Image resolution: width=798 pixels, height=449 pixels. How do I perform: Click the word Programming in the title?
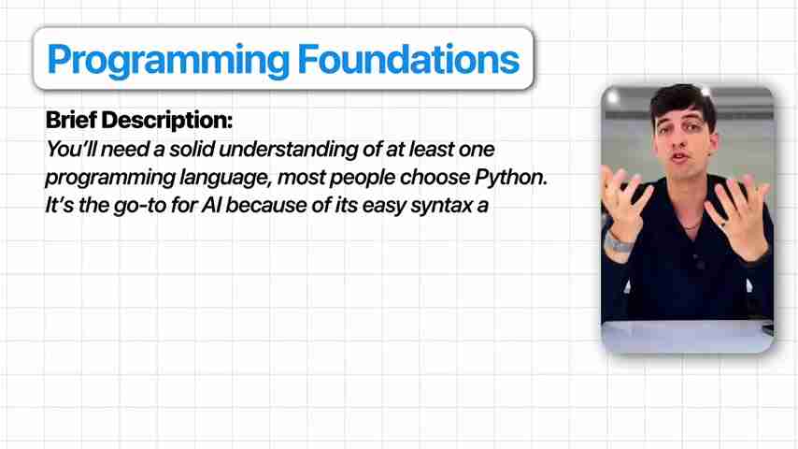(168, 61)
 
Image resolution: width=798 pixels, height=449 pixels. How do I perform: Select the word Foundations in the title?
(408, 59)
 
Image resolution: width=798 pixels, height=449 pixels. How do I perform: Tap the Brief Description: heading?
(139, 121)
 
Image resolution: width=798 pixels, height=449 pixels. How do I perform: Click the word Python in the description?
(511, 178)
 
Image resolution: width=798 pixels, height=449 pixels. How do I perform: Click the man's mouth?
(680, 157)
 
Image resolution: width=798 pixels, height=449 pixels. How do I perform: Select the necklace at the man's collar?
(693, 225)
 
